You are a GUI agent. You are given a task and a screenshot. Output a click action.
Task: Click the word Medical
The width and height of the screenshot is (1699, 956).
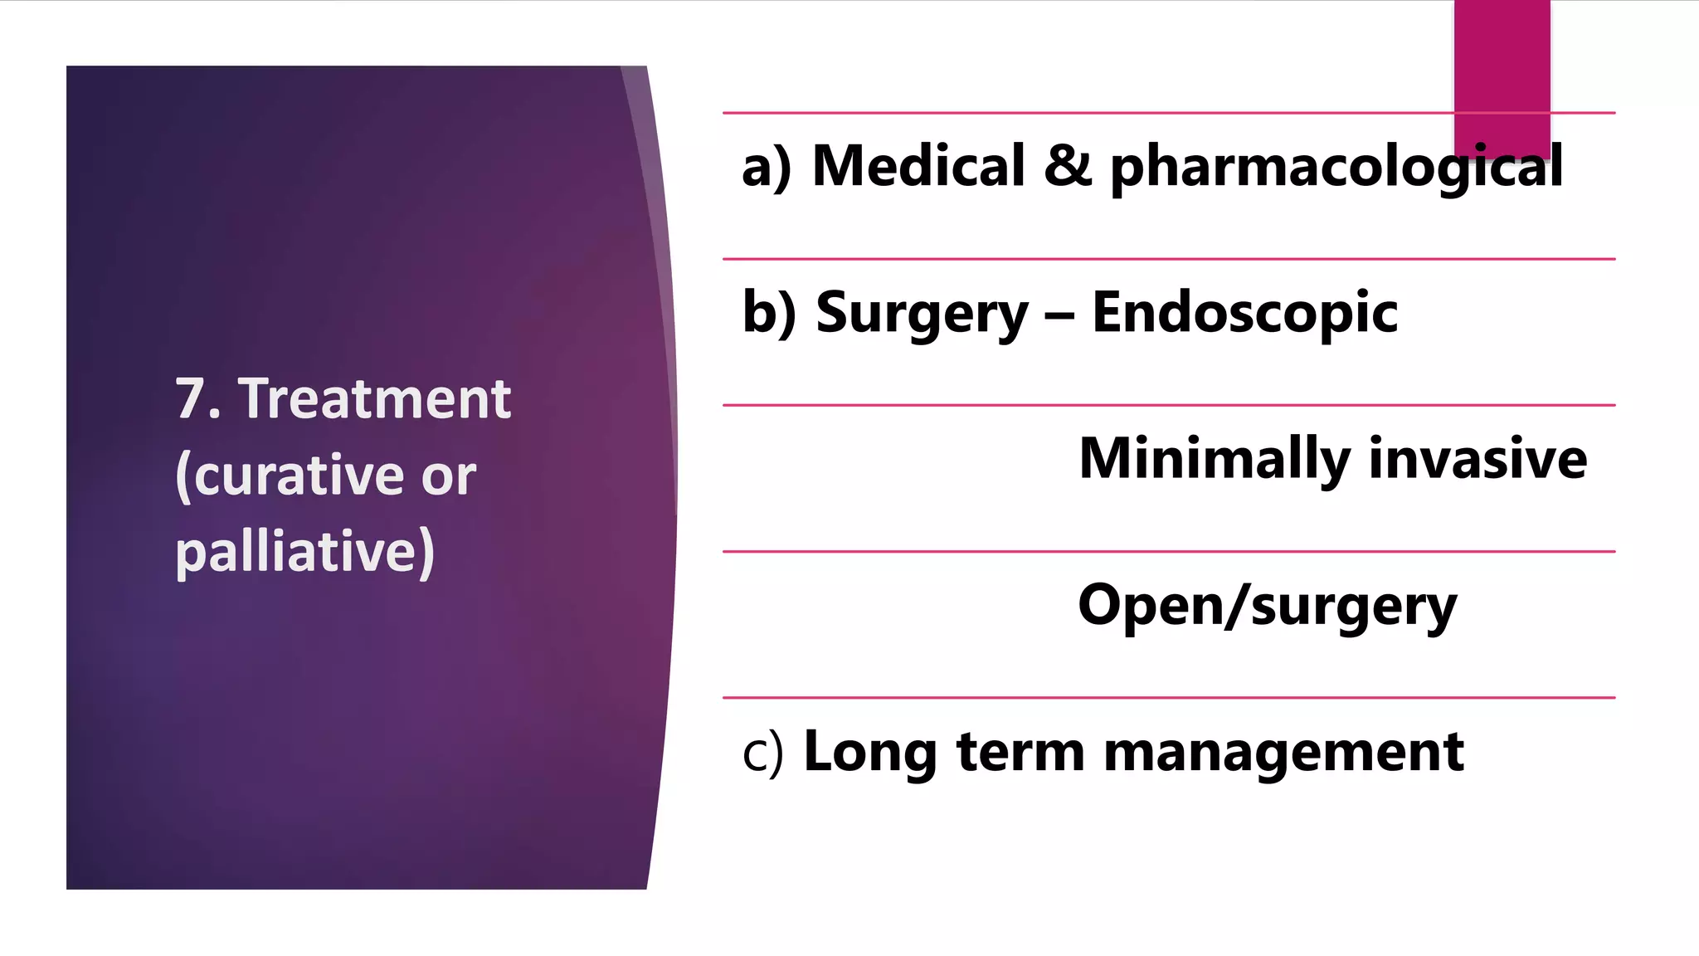[x=918, y=166]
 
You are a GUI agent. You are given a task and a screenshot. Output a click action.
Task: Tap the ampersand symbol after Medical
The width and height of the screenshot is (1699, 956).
[x=1068, y=166]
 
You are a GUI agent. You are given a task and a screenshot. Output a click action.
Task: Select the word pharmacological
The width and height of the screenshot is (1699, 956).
[x=1336, y=168]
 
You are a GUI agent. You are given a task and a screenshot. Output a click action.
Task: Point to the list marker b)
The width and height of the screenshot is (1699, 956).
[x=768, y=313]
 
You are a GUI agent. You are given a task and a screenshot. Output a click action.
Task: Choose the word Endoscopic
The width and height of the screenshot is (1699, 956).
[x=1244, y=313]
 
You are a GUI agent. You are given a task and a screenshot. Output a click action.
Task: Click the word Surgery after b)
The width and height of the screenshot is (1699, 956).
[x=922, y=315]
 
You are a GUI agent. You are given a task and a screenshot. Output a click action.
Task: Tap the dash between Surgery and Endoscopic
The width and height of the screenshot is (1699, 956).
[x=1059, y=316]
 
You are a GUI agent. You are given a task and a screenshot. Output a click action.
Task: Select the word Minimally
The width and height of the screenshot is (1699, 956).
[x=1215, y=459]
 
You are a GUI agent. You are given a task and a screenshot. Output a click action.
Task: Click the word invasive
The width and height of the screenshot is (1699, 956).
[x=1477, y=459]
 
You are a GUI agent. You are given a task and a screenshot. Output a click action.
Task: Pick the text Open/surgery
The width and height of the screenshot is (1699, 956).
[x=1267, y=607]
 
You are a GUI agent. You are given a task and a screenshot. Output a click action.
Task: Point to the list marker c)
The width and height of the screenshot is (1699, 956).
[x=762, y=753]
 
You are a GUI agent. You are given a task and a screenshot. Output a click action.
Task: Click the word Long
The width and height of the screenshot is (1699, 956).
[x=870, y=753]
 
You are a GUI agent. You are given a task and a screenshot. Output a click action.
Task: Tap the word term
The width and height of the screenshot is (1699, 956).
[x=1020, y=753]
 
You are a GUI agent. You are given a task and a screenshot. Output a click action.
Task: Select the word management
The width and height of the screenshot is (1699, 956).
[x=1283, y=754]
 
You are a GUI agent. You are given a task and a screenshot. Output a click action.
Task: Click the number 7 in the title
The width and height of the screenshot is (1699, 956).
[x=191, y=399]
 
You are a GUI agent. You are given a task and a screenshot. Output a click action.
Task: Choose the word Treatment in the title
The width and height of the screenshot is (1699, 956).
[x=374, y=399]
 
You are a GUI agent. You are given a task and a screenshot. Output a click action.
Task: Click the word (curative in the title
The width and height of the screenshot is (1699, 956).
[x=290, y=476]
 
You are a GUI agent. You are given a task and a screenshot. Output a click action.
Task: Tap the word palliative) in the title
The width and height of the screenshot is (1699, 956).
[x=304, y=553]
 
